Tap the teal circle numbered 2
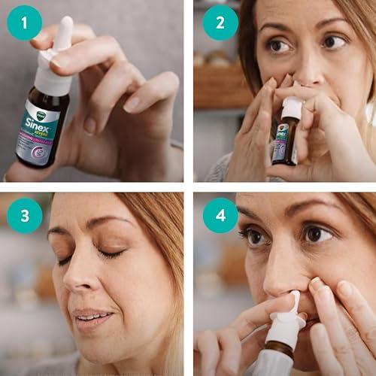[x=220, y=23]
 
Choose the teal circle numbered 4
[x=220, y=215]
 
